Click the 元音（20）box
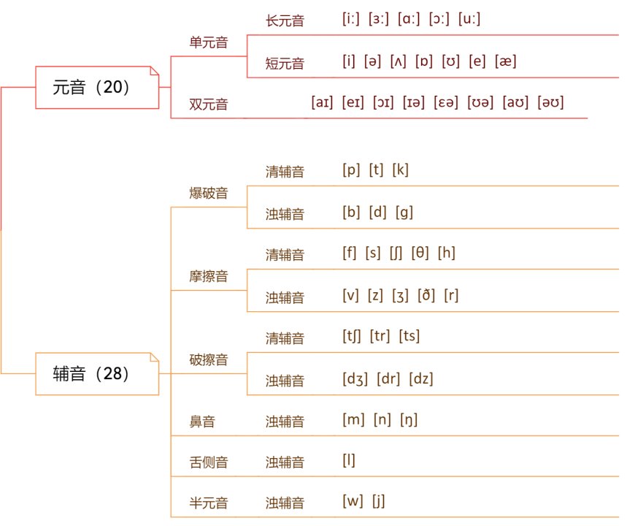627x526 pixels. point(97,88)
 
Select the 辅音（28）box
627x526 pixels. point(97,374)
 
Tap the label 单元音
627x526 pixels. point(209,42)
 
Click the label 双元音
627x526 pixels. point(209,104)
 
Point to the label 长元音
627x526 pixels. point(285,21)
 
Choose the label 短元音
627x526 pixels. point(285,64)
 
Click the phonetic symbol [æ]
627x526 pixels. point(506,61)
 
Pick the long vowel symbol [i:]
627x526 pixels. point(351,20)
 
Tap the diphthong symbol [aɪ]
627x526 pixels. point(322,103)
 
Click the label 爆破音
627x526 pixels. point(209,193)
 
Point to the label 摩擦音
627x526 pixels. point(209,276)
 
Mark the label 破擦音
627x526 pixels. point(209,359)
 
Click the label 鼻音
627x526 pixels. point(202,422)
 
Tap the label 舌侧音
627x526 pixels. point(209,462)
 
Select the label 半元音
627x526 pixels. point(209,503)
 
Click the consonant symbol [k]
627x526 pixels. point(401,170)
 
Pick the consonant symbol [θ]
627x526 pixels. point(420,254)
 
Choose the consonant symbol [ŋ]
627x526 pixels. point(409,420)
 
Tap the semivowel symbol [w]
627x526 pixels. point(353,502)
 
